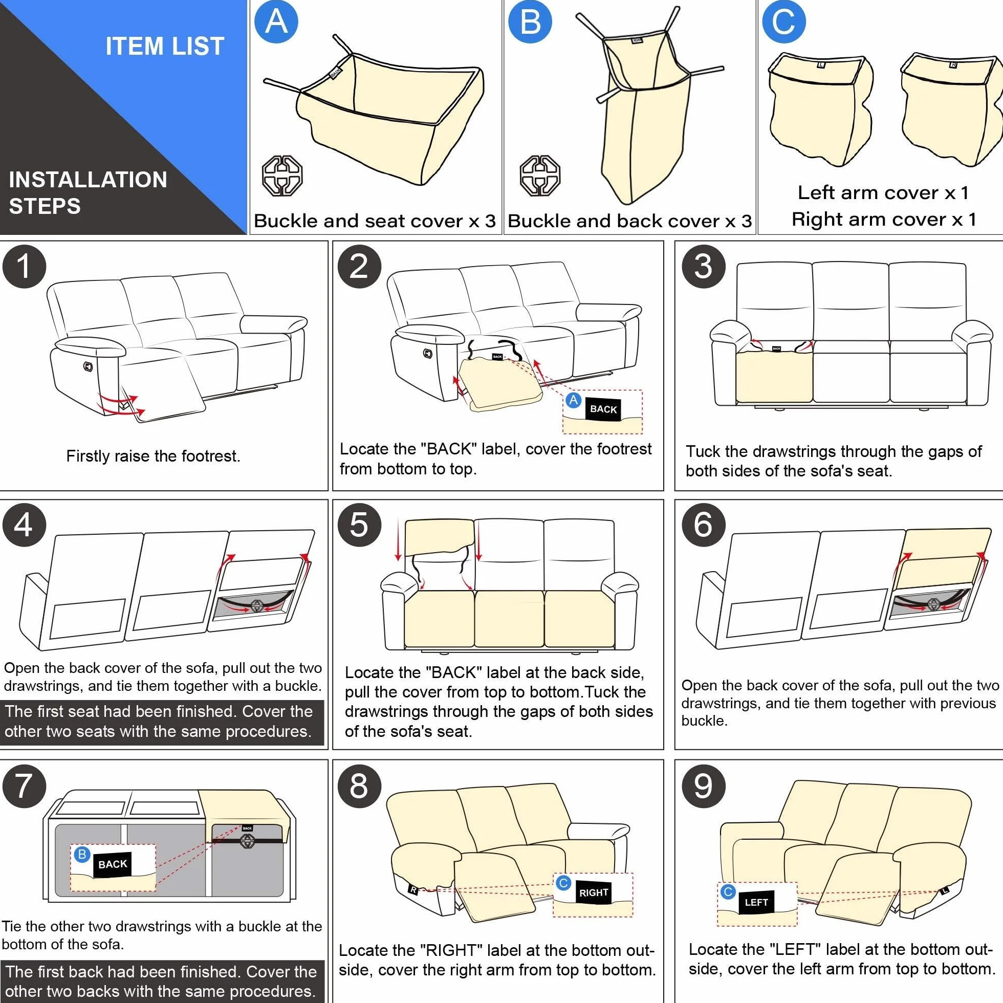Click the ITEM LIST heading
point(165,46)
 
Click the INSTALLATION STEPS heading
point(88,192)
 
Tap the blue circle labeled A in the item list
point(276,22)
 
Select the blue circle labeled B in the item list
point(530,22)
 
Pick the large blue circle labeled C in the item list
point(784,22)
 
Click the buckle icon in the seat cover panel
point(282,176)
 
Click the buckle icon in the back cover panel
point(540,176)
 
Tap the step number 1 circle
point(24,267)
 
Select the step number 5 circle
point(359,525)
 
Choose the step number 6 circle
point(703,525)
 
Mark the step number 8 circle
point(359,786)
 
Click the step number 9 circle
point(703,786)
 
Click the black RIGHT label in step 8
point(594,892)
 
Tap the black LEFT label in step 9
point(756,902)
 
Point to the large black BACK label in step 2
point(603,408)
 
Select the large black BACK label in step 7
point(113,864)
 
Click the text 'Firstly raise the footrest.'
point(153,456)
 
